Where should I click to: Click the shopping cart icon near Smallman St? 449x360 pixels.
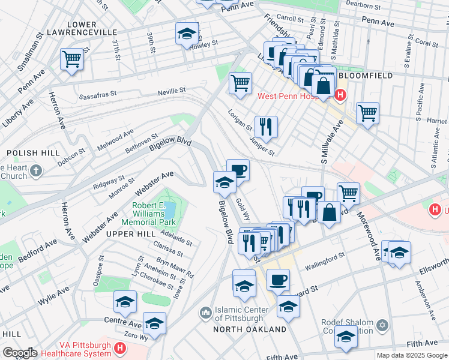(x=71, y=59)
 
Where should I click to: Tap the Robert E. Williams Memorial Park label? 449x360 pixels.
(x=152, y=214)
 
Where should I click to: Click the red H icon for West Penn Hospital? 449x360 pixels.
(x=341, y=95)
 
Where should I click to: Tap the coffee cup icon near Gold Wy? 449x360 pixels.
(x=238, y=170)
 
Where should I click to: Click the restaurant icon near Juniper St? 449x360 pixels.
(x=265, y=127)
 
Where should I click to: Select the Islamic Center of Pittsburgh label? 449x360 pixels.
(x=239, y=314)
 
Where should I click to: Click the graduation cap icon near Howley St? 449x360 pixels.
(x=187, y=34)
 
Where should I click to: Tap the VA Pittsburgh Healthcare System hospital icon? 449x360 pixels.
(x=121, y=347)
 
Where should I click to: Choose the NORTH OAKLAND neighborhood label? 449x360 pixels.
(x=250, y=329)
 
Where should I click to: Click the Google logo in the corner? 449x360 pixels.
(x=19, y=353)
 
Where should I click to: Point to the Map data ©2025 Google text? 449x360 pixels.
(x=411, y=355)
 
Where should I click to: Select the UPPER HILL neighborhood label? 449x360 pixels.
(x=126, y=233)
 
